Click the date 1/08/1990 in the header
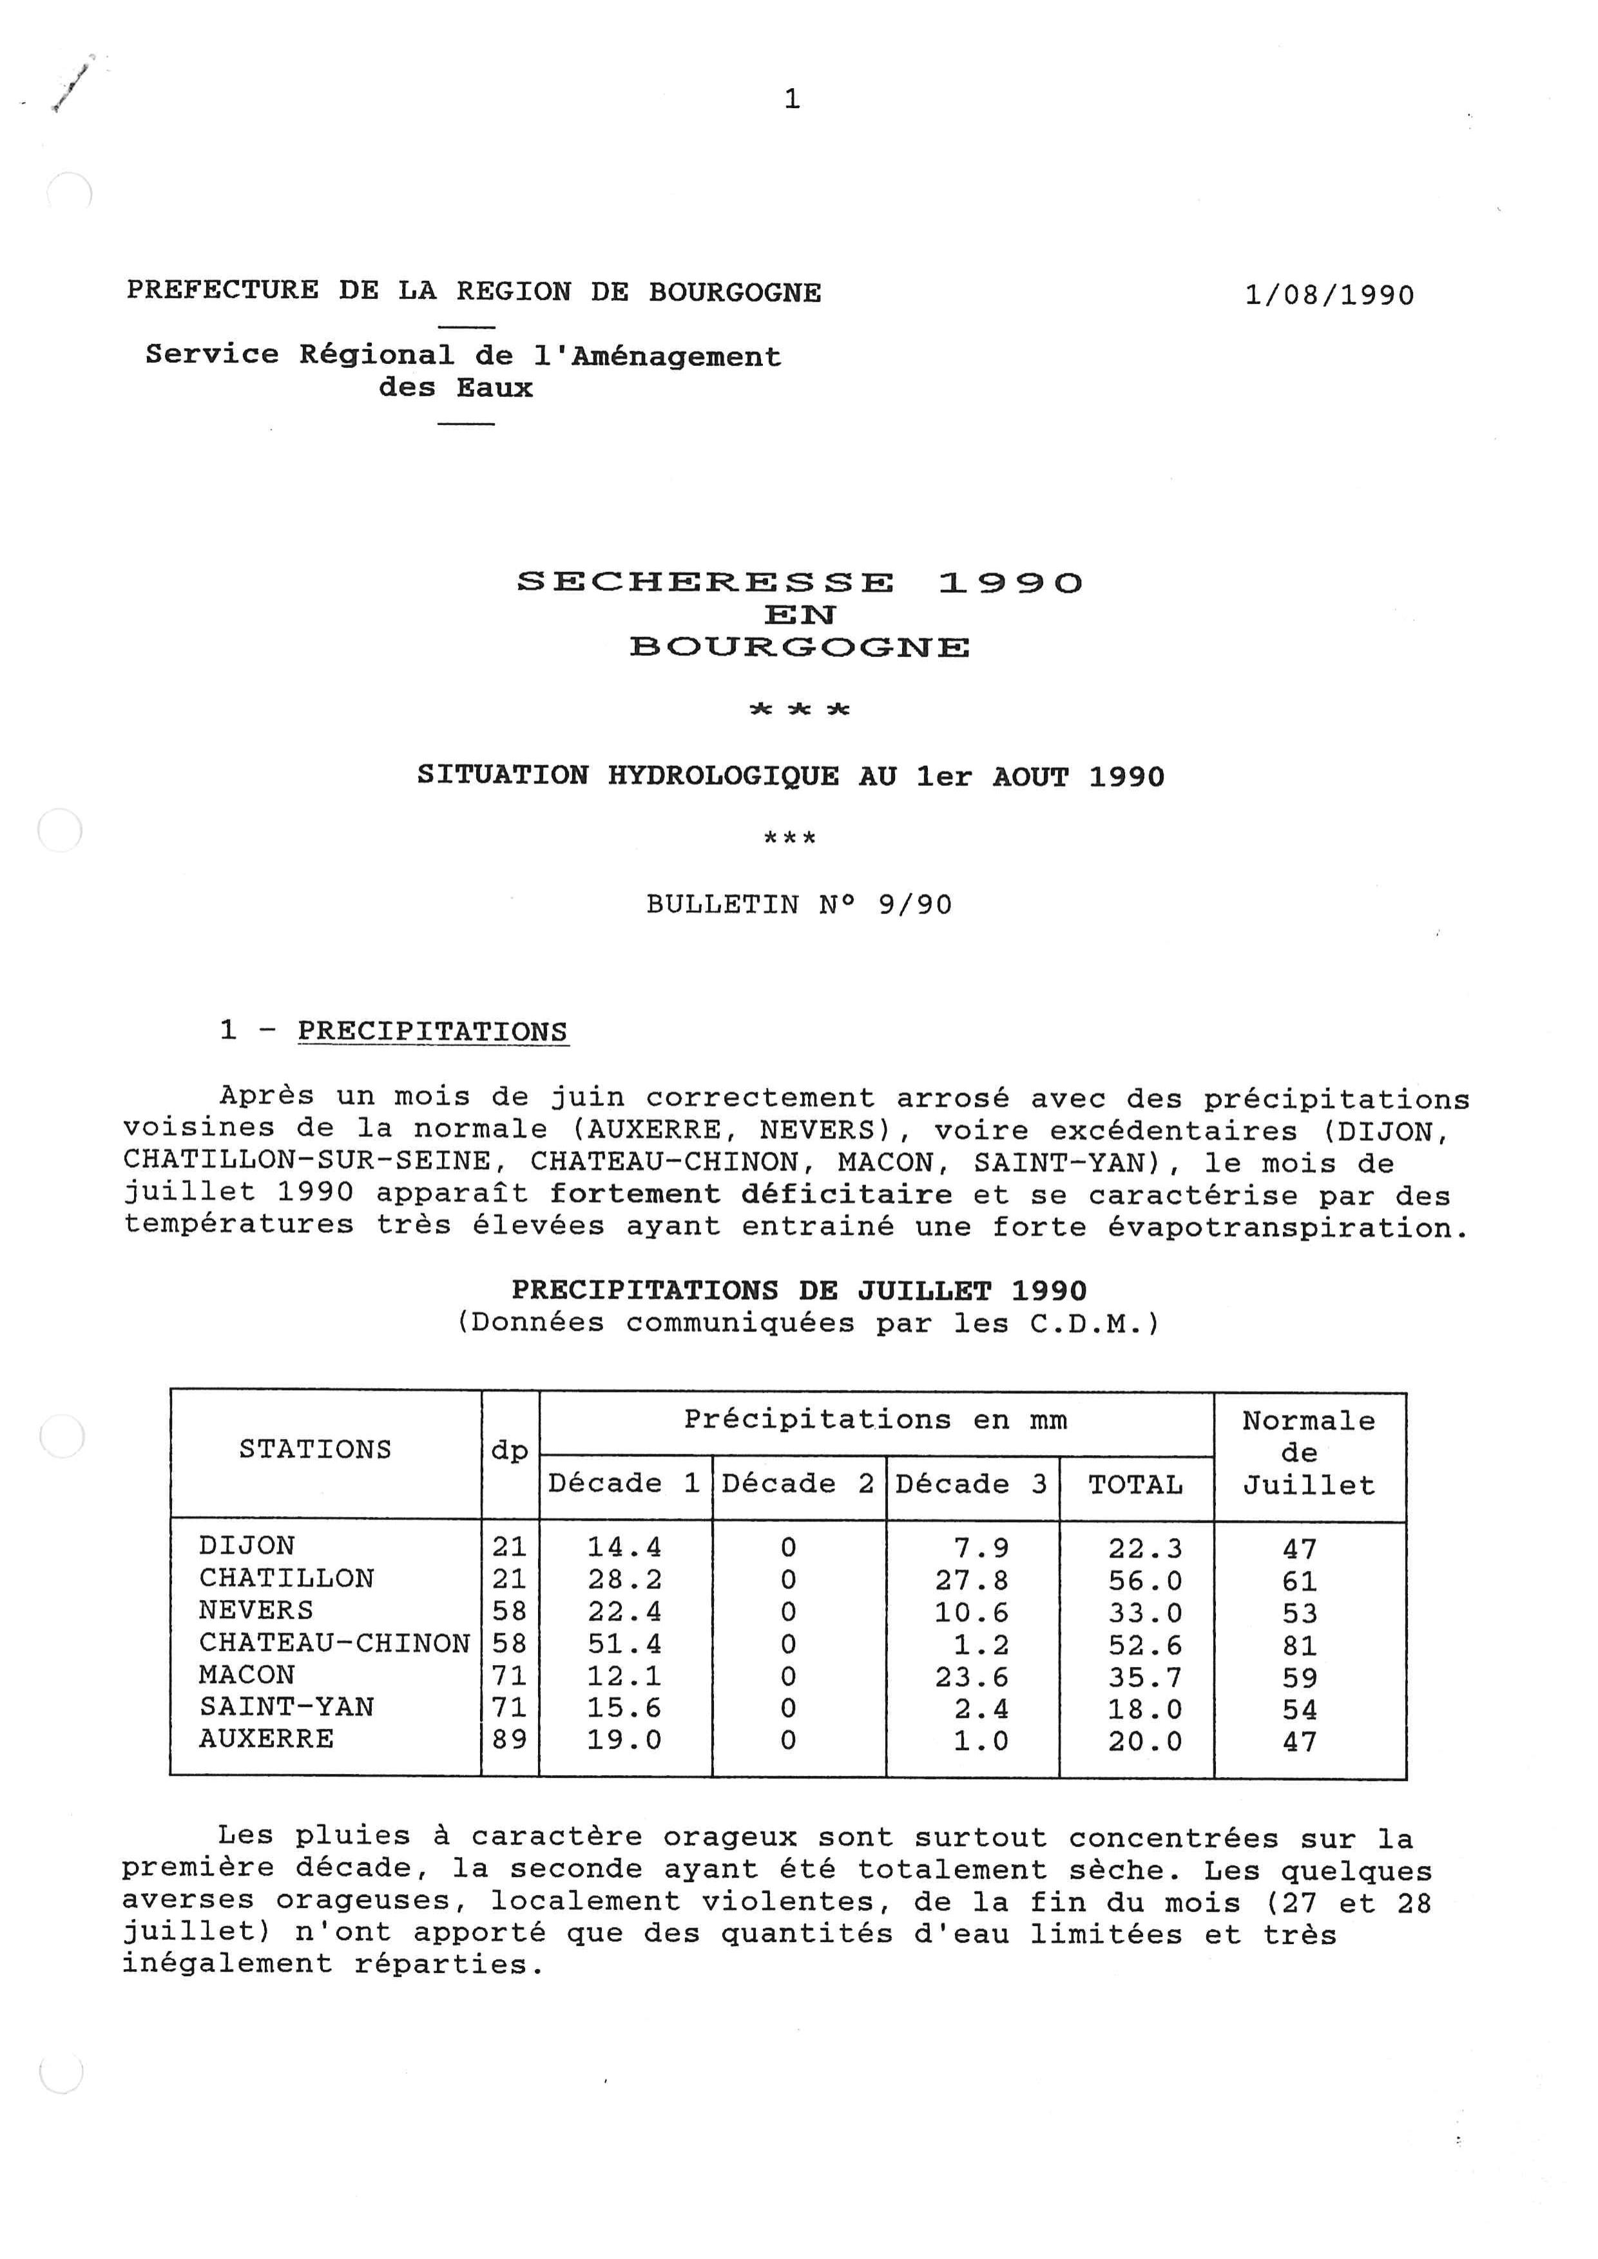click(1329, 295)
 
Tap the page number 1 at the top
click(792, 99)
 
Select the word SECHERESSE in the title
click(706, 582)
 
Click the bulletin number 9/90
click(914, 904)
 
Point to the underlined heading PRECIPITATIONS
click(433, 1031)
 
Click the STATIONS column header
click(315, 1449)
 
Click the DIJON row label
click(247, 1547)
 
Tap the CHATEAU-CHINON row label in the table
click(334, 1643)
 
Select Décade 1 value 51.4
click(625, 1644)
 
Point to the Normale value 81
click(1299, 1645)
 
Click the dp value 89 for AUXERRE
click(510, 1740)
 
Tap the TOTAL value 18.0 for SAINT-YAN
click(1146, 1709)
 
